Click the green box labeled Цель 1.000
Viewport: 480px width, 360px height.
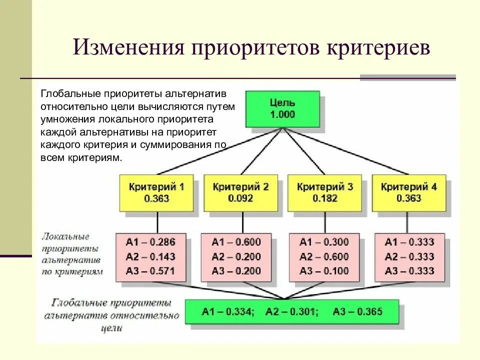coord(282,108)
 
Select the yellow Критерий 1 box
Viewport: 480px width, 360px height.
coord(156,192)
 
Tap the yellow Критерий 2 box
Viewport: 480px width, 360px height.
coord(240,192)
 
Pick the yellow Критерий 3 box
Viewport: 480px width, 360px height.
coord(324,192)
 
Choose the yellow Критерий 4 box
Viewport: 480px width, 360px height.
coord(408,192)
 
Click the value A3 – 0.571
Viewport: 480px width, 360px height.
coord(150,271)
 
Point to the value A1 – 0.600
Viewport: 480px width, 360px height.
coord(236,242)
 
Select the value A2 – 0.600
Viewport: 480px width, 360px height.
coord(324,257)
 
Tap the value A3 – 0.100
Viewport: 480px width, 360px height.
coord(324,271)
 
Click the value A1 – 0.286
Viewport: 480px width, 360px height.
coord(150,242)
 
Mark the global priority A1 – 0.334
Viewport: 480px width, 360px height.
coord(228,311)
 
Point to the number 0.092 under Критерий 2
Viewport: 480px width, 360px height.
coord(240,198)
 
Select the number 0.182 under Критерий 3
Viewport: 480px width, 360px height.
coord(324,198)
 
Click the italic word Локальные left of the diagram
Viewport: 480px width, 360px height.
coord(66,235)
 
